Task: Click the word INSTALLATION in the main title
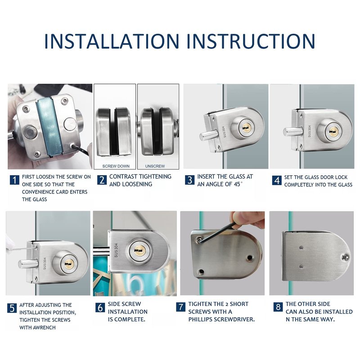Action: tap(112, 41)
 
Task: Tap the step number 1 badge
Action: tap(14, 180)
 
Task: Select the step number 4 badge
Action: tap(277, 180)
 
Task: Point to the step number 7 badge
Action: tap(181, 307)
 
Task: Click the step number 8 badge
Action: tap(278, 307)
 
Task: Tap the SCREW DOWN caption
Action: tap(116, 166)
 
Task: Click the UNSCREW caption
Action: tap(155, 166)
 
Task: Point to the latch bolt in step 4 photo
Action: tap(293, 131)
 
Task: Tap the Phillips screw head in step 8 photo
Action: tap(345, 257)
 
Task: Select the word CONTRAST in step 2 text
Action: tap(122, 176)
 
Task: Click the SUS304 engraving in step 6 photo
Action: tap(116, 250)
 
